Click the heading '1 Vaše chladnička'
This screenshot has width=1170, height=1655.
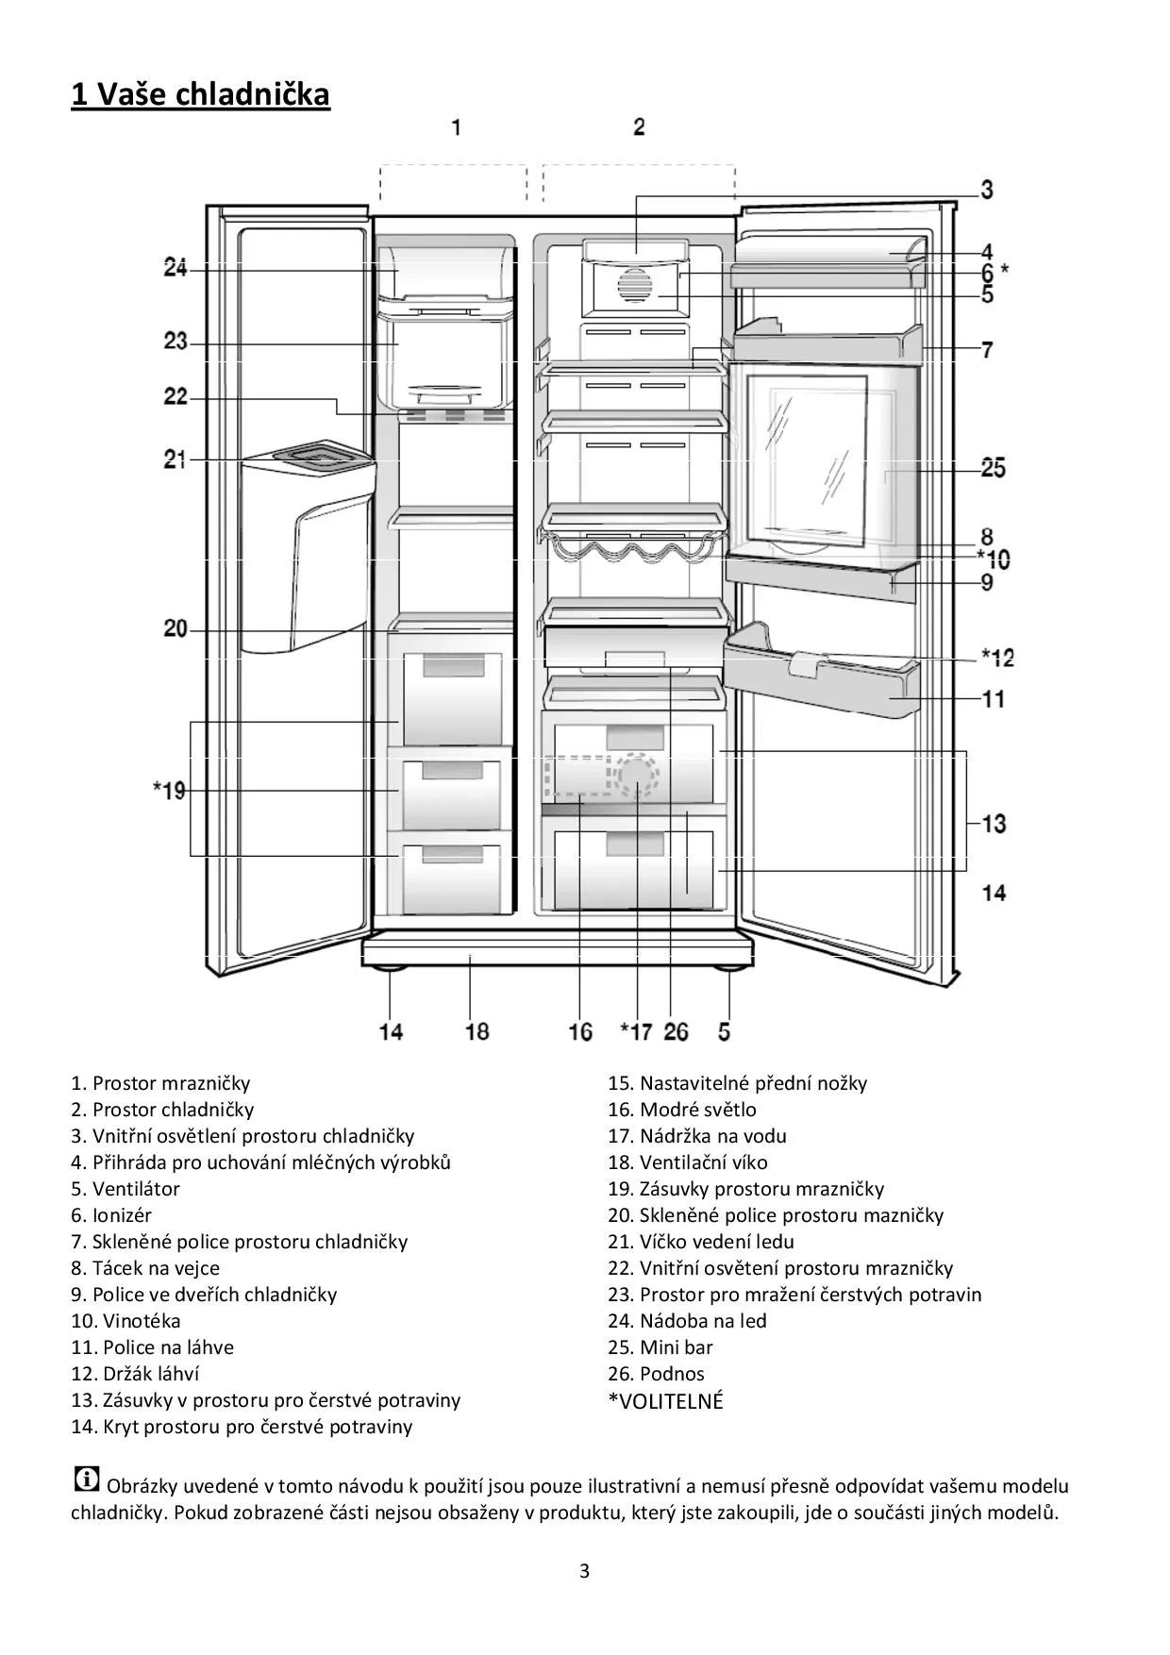pyautogui.click(x=200, y=94)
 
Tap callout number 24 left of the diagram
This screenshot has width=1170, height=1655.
pyautogui.click(x=175, y=269)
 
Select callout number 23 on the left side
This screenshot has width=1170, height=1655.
pyautogui.click(x=175, y=341)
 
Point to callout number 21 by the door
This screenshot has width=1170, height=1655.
pyautogui.click(x=175, y=460)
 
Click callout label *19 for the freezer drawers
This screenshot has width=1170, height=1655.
pyautogui.click(x=170, y=790)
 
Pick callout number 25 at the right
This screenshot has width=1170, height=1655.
pyautogui.click(x=993, y=468)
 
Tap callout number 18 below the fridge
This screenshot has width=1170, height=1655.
pyautogui.click(x=477, y=1030)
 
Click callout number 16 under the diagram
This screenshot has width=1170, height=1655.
pyautogui.click(x=580, y=1031)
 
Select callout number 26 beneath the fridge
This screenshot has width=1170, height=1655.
pyautogui.click(x=677, y=1031)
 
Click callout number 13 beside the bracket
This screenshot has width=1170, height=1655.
pyautogui.click(x=994, y=824)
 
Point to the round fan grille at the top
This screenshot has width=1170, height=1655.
pyautogui.click(x=637, y=285)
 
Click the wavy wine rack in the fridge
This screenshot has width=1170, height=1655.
pyautogui.click(x=632, y=549)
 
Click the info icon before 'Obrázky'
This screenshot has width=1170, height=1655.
pyautogui.click(x=86, y=1479)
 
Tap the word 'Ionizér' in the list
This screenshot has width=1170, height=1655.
pyautogui.click(x=122, y=1215)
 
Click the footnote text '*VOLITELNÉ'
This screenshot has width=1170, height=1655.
pyautogui.click(x=665, y=1401)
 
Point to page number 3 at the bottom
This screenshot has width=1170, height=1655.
pyautogui.click(x=584, y=1571)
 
